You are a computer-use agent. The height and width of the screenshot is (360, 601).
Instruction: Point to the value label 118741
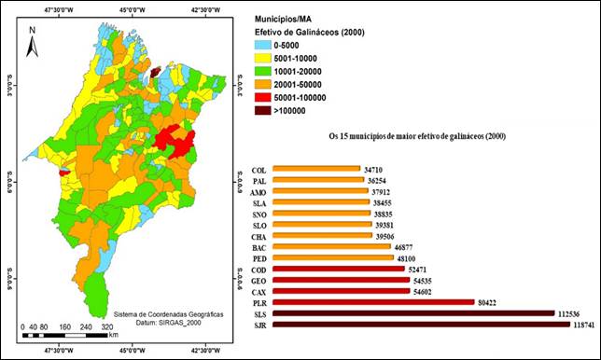tap(582, 325)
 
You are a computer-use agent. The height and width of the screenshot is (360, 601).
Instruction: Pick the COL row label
tap(259, 170)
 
